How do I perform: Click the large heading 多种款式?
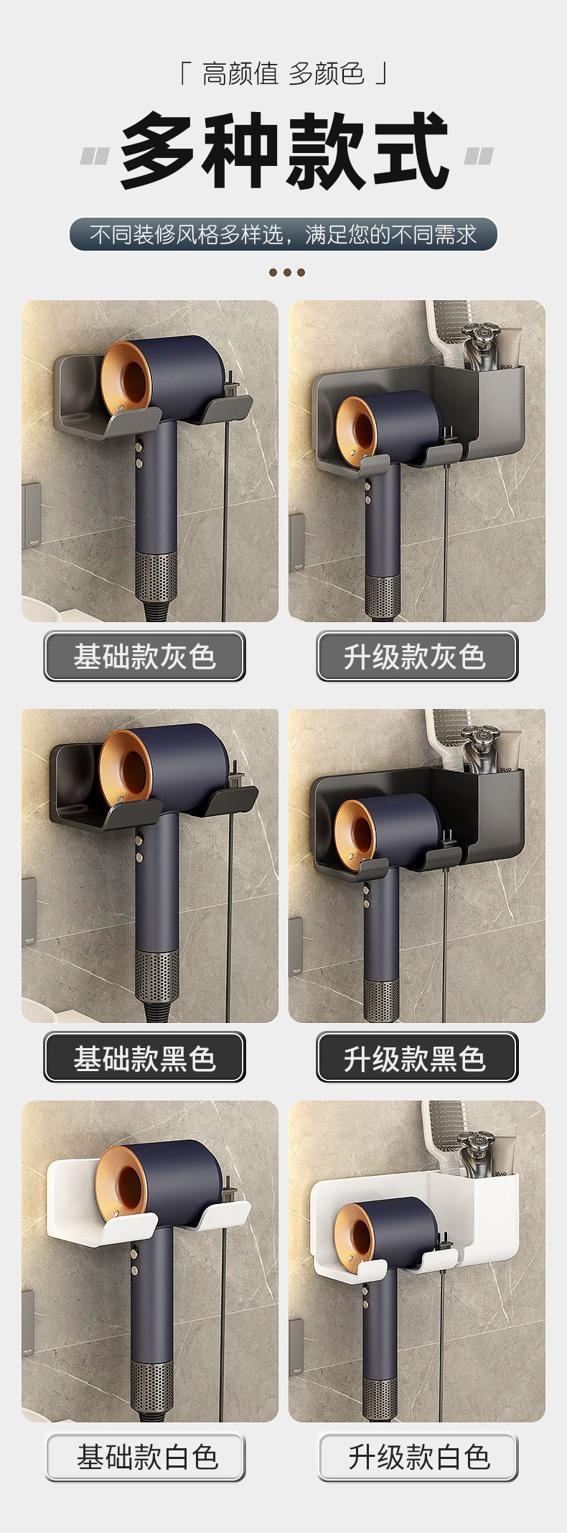click(285, 151)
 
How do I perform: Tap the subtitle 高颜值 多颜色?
click(283, 73)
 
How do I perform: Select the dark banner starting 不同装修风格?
click(283, 234)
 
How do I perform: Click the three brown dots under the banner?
click(287, 272)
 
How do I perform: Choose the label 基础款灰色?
click(144, 656)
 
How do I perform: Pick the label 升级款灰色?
click(416, 656)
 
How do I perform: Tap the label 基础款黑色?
click(144, 1057)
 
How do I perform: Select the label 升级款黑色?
click(416, 1057)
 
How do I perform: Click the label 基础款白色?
click(146, 1457)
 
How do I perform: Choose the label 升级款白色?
click(418, 1457)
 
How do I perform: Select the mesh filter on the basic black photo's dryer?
click(156, 976)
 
